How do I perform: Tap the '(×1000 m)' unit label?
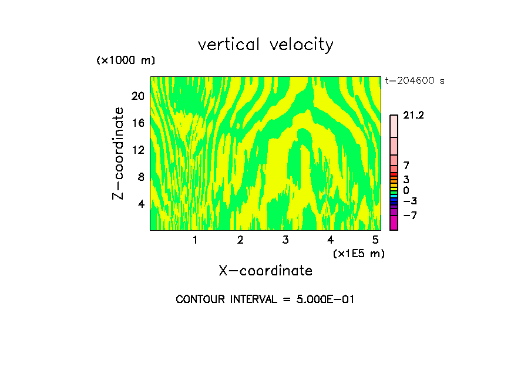coord(126,61)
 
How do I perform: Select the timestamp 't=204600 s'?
coord(415,81)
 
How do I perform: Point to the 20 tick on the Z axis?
coord(137,96)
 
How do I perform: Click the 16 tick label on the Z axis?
coord(137,123)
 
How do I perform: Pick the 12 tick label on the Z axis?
coord(137,150)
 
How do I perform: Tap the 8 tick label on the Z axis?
coord(140,177)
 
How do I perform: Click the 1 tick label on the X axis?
coord(195,240)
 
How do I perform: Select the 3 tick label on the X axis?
coord(285,240)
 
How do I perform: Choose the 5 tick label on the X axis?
coord(375,240)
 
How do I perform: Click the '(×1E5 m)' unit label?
coord(358,253)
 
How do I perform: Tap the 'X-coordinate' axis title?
coord(265,271)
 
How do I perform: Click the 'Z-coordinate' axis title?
coord(119,153)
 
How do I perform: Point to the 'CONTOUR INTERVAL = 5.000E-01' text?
coord(265,299)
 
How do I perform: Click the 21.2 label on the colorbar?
coord(414,116)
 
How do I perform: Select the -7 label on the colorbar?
coord(410,215)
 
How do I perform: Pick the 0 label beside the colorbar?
coord(406,191)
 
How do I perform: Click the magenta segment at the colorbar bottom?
coord(394,223)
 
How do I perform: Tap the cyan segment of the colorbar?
coord(394,196)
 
